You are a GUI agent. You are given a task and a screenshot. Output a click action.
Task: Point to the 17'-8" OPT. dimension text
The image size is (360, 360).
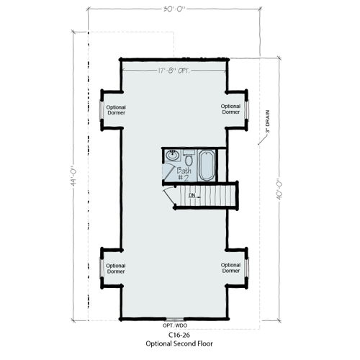[x=173, y=70]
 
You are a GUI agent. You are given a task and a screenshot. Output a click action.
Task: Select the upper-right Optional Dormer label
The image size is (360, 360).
[x=230, y=109]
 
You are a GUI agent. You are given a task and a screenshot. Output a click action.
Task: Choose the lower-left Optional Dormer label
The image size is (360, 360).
[x=116, y=268]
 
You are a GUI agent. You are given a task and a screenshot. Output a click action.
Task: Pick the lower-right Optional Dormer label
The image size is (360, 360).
[x=230, y=268]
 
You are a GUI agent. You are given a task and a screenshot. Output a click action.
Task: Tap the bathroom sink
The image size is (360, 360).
[x=172, y=156]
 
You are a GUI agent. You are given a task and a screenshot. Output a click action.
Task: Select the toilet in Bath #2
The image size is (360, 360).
[x=189, y=157]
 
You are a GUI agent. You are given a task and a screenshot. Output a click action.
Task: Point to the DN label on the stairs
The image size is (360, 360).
[x=192, y=195]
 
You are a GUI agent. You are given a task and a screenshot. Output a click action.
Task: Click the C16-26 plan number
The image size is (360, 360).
[x=178, y=336]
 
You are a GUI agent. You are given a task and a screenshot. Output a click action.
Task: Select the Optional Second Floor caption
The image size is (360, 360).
[x=178, y=345]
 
